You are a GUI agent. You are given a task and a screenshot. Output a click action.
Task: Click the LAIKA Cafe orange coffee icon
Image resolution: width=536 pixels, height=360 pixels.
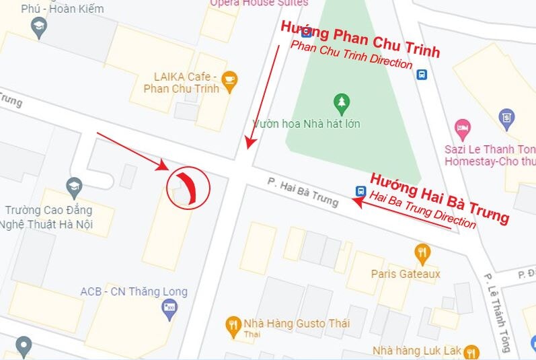coord(229,80)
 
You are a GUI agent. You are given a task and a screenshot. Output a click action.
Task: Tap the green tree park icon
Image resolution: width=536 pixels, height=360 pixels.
coord(342,103)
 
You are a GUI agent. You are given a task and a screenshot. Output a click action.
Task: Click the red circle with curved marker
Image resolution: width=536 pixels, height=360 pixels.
coord(188,188)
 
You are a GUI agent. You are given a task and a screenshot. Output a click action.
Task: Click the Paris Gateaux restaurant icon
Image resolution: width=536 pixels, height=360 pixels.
coord(422,254)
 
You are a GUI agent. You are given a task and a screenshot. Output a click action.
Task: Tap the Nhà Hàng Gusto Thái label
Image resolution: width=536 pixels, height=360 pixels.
coord(297,324)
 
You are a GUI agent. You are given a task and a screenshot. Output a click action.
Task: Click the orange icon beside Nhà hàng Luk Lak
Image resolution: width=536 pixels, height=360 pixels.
coord(472,351)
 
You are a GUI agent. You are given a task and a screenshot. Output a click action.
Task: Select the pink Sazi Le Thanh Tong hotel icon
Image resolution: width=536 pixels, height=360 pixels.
coord(462,128)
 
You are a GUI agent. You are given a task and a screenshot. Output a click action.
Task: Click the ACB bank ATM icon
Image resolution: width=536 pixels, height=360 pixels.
coord(169,310)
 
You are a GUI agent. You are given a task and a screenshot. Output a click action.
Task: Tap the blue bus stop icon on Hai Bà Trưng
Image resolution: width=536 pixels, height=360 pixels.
coord(360,192)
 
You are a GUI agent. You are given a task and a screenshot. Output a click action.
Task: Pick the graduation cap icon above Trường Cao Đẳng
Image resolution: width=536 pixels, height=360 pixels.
coord(74,186)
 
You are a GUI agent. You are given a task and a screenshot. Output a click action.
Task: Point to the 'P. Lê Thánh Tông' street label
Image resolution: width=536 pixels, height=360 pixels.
coord(497,312)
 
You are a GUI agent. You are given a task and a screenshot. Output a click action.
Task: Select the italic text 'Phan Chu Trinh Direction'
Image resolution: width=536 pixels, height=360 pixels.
coord(351,55)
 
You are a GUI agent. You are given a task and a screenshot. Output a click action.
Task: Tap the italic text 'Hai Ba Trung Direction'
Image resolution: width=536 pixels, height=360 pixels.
coord(423,210)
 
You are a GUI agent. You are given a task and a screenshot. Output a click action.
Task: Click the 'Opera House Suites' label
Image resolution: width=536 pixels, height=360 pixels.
coord(258,3)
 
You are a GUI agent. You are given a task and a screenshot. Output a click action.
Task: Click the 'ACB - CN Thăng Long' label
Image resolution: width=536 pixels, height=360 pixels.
coord(134,292)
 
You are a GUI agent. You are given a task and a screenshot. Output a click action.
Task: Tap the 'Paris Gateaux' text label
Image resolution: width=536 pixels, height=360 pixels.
coord(406,274)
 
